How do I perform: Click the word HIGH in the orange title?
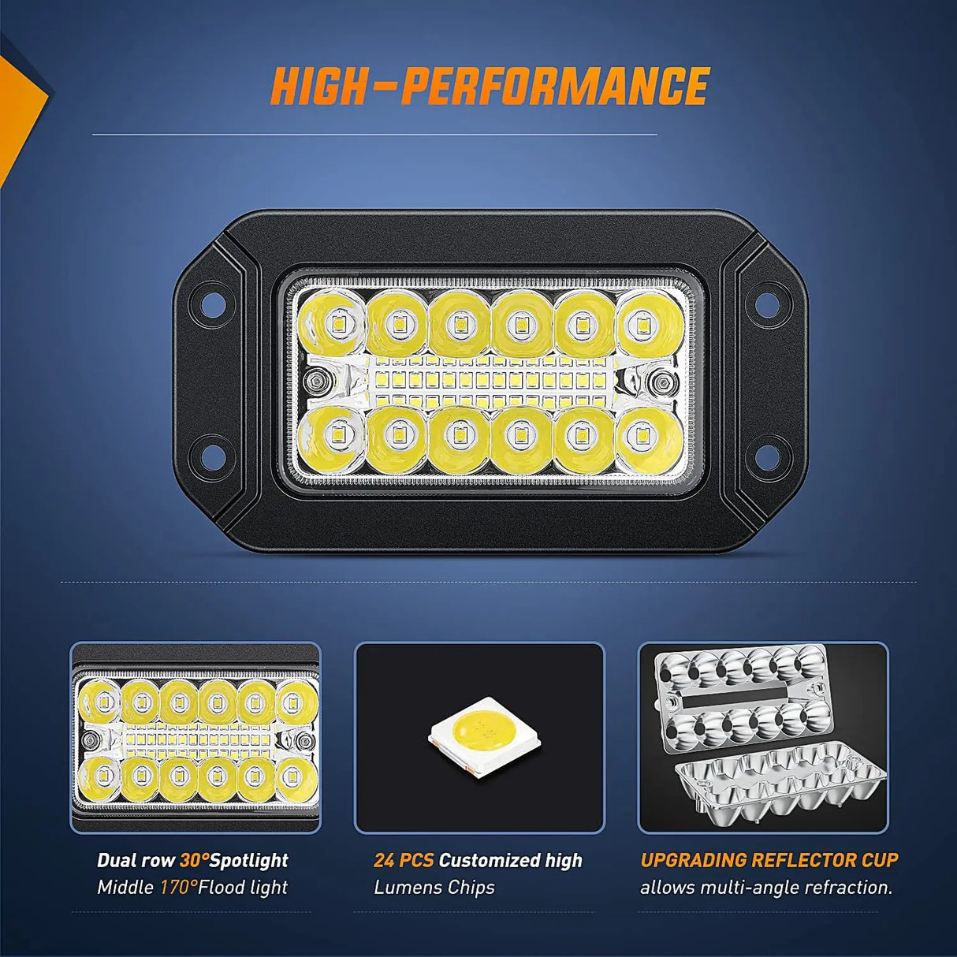tap(318, 86)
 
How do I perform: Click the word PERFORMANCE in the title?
tap(555, 86)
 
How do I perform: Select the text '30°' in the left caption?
tap(194, 861)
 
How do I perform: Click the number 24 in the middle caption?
tap(383, 861)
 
